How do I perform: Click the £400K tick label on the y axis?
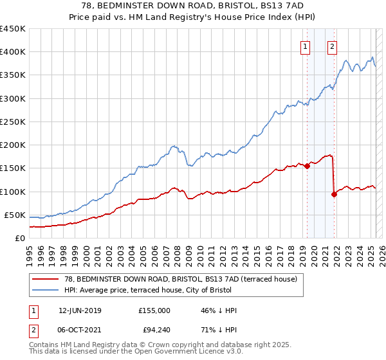click(x=12, y=52)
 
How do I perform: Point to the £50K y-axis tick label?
click(x=15, y=215)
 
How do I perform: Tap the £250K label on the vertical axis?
click(x=12, y=122)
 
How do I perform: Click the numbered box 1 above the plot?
click(x=304, y=46)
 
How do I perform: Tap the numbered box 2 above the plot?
click(x=332, y=46)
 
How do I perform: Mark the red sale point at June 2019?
click(x=307, y=166)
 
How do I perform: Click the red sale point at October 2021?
click(x=334, y=194)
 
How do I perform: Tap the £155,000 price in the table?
click(x=154, y=310)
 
